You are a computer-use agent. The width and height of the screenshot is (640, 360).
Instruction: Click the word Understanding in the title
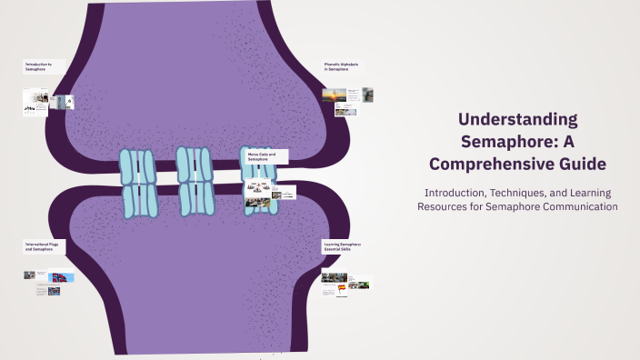(517, 119)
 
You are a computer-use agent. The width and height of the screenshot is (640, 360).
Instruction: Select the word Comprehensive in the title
(505, 164)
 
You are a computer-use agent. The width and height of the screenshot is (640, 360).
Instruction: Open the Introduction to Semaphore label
(38, 65)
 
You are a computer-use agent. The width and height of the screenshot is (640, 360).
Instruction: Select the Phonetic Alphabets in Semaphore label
(342, 65)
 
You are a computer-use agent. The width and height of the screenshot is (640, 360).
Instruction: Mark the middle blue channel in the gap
(195, 181)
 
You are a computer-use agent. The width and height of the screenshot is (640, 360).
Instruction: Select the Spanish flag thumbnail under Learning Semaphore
(342, 288)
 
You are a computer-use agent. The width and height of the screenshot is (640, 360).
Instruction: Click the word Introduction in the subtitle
(451, 193)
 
